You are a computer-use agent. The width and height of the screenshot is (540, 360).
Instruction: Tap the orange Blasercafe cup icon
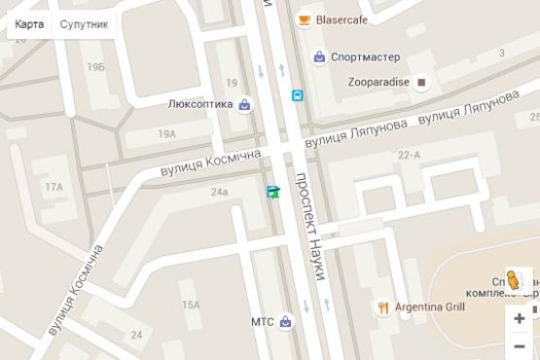click(305, 19)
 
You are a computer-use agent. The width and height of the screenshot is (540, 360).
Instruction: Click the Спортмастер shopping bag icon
click(319, 57)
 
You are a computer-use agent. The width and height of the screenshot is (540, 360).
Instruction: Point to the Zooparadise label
click(378, 82)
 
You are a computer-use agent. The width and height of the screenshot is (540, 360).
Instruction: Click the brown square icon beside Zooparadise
click(421, 83)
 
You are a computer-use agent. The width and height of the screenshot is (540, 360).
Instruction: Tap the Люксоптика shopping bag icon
click(245, 104)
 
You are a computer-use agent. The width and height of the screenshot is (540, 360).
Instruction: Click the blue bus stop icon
click(297, 95)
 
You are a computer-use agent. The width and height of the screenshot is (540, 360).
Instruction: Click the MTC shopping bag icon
click(285, 322)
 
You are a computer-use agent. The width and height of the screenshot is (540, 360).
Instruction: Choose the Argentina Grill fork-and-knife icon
click(384, 307)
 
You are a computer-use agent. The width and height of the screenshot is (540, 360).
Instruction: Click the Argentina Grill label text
click(429, 307)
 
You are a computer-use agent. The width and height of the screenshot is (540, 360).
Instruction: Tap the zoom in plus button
click(520, 319)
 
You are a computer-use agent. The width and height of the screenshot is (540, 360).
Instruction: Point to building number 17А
click(53, 187)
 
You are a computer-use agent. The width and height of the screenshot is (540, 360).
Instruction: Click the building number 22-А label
click(409, 154)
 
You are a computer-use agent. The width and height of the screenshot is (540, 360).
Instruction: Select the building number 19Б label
click(95, 66)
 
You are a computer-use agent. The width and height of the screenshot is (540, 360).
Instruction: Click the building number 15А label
click(189, 306)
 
